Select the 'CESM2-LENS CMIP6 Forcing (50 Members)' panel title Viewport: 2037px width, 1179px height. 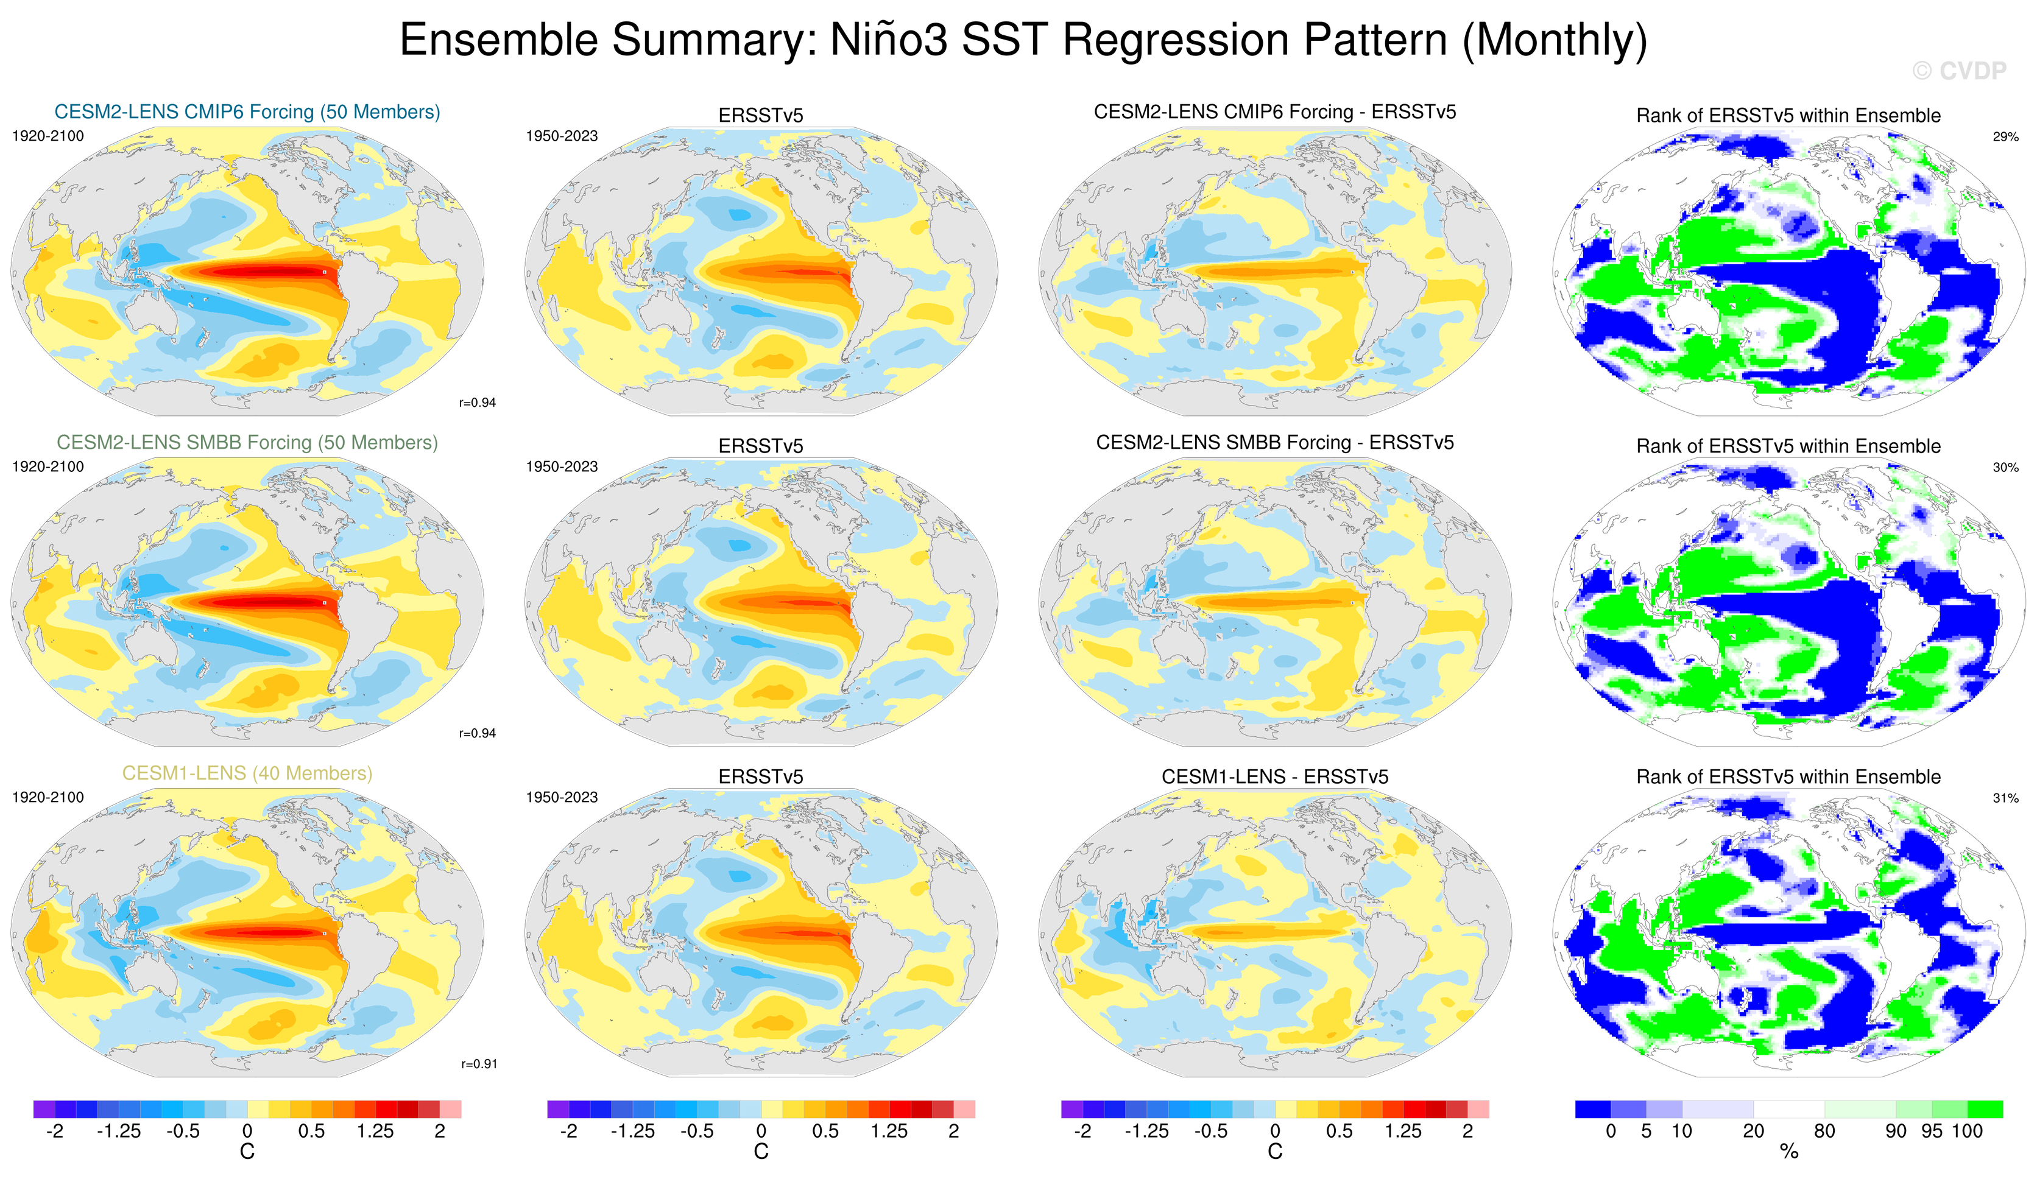[x=247, y=111]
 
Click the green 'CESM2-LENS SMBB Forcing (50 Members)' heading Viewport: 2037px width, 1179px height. [x=247, y=442]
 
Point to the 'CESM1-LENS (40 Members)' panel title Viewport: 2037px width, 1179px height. [x=247, y=773]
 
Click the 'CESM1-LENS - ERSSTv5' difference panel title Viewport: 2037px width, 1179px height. [x=1275, y=776]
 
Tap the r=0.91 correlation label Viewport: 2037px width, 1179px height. [x=479, y=1063]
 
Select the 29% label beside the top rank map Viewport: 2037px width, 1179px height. [x=2005, y=136]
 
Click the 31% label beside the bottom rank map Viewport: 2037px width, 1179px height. [x=2005, y=798]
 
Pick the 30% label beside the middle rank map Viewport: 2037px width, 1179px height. [x=2005, y=467]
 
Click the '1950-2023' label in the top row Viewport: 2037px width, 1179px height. [x=562, y=136]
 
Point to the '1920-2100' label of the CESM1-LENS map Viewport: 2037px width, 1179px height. [x=48, y=797]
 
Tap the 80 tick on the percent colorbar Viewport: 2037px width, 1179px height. [x=1824, y=1130]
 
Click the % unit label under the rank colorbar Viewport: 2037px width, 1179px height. [x=1789, y=1152]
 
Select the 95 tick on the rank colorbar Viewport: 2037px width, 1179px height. [x=1932, y=1130]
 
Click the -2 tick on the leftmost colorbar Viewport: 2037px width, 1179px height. [x=54, y=1130]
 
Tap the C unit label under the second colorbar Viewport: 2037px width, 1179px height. [x=761, y=1152]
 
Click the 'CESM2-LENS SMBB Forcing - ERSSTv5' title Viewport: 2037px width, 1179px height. [x=1275, y=442]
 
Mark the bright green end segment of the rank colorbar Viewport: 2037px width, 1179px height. [x=1985, y=1109]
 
